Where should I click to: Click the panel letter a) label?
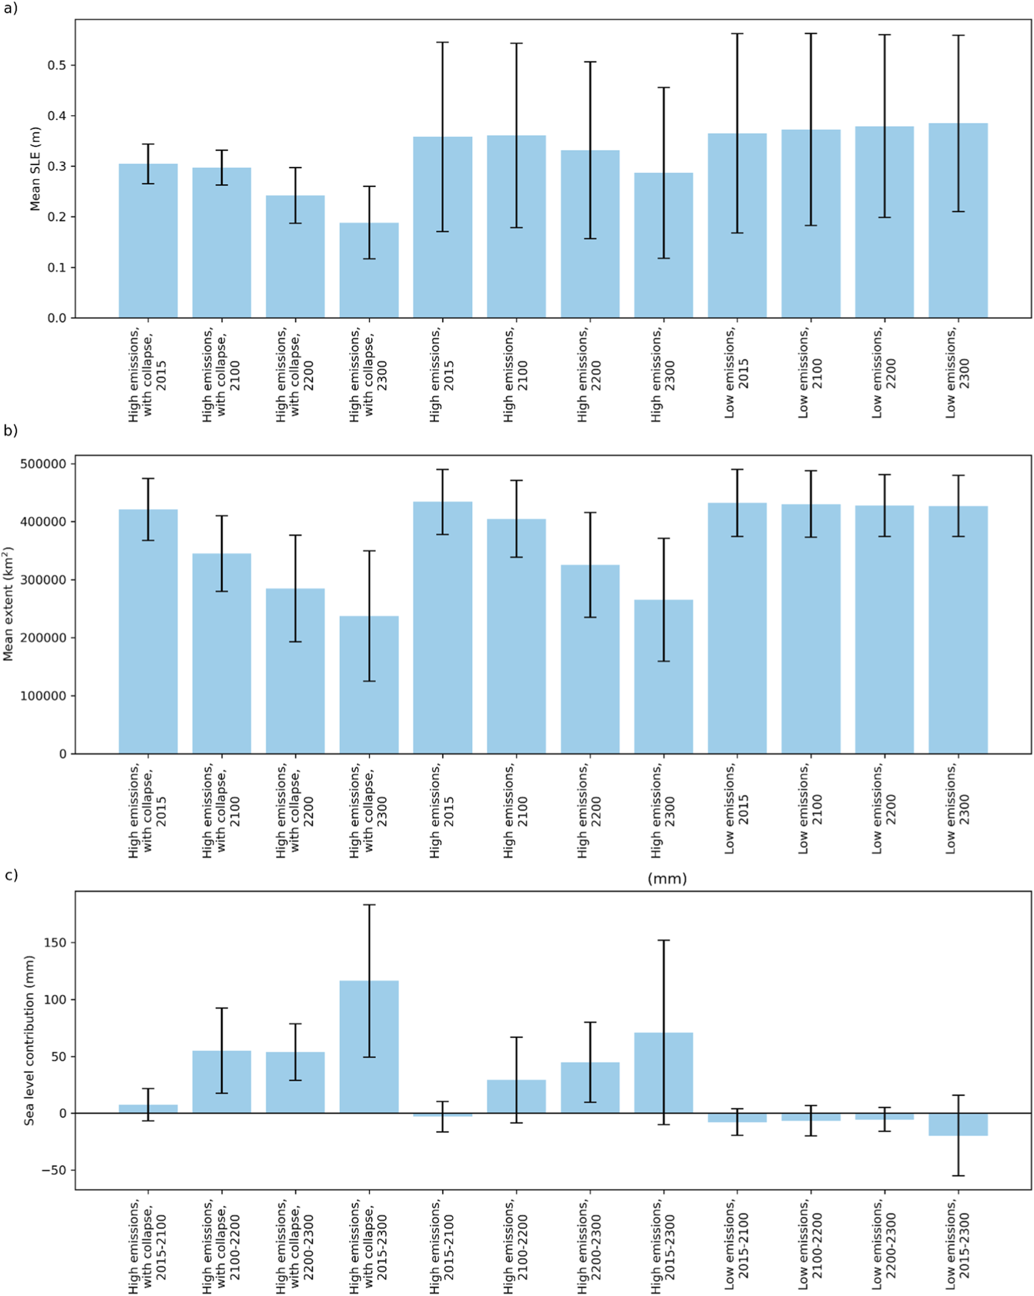[x=11, y=8]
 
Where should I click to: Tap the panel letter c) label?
[x=11, y=875]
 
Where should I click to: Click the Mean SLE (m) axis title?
[x=36, y=169]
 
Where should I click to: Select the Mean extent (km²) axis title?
[x=8, y=604]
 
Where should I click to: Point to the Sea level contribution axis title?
[x=29, y=1040]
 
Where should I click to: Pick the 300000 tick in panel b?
[x=43, y=580]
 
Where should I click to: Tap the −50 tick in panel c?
[x=54, y=1170]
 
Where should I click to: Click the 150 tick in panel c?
[x=55, y=943]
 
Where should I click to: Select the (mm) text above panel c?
[x=667, y=879]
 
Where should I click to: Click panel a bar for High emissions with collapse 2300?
[x=369, y=270]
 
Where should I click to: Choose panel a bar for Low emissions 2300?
[x=958, y=221]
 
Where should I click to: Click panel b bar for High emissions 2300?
[x=663, y=676]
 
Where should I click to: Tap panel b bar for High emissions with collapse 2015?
[x=148, y=631]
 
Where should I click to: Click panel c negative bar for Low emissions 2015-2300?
[x=958, y=1124]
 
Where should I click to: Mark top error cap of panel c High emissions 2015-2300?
[x=663, y=940]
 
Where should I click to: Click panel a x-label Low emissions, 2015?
[x=736, y=372]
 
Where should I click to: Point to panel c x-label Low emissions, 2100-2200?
[x=810, y=1244]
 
